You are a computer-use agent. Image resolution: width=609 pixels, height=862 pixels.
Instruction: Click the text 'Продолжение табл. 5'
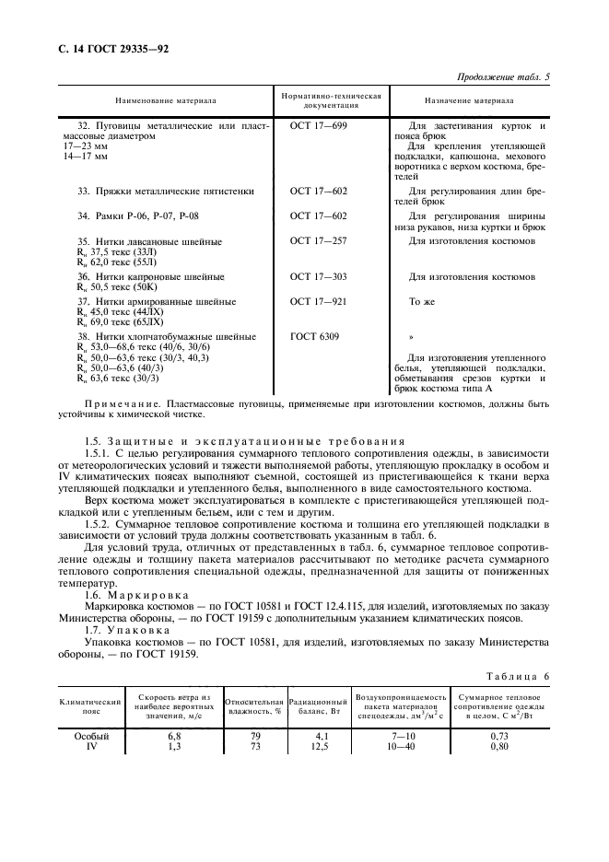(502, 77)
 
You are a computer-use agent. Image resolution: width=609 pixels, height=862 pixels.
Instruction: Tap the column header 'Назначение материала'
(469, 100)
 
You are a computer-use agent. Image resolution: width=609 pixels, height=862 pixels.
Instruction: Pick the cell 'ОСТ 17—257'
(319, 241)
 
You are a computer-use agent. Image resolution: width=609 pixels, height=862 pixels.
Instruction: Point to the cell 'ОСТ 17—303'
(319, 276)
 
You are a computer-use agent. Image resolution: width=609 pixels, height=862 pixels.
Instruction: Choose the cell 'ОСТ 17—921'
(319, 301)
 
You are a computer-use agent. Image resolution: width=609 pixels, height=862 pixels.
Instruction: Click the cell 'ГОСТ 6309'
(313, 336)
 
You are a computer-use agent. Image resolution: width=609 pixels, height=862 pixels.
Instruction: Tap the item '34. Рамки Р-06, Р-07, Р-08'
(138, 216)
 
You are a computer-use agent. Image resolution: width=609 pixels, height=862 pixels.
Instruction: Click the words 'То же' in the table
(421, 301)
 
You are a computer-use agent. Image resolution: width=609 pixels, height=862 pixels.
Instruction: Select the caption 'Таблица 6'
(518, 676)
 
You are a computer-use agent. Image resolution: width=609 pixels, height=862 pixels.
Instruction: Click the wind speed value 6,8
(173, 736)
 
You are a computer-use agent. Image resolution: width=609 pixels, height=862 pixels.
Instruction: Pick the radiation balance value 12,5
(316, 746)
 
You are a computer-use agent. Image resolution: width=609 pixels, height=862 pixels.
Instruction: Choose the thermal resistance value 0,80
(498, 746)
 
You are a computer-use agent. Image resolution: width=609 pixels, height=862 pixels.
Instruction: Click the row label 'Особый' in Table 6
(90, 736)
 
